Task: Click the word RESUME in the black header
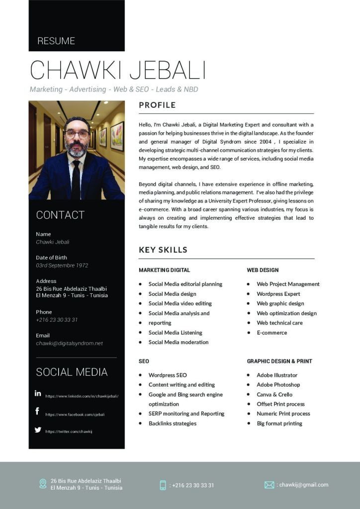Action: click(x=56, y=41)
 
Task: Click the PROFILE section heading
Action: click(x=157, y=105)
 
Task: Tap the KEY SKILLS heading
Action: click(x=163, y=250)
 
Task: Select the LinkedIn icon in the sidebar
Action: click(x=38, y=393)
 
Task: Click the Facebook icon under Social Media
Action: click(x=37, y=411)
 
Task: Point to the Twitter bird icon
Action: click(x=38, y=430)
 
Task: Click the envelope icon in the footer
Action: click(x=270, y=485)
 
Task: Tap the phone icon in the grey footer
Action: click(x=163, y=485)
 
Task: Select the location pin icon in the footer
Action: click(x=43, y=484)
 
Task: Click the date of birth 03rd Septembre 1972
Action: click(x=62, y=265)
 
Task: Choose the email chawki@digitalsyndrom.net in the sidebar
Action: click(x=69, y=343)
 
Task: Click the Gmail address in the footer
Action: click(x=303, y=485)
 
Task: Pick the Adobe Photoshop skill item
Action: click(x=278, y=385)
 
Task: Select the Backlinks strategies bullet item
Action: click(x=172, y=424)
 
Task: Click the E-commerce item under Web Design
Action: click(x=271, y=333)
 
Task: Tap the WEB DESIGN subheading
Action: click(x=263, y=270)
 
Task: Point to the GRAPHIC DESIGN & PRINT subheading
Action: click(x=279, y=361)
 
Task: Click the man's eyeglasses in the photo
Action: click(x=77, y=134)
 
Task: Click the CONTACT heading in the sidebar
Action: click(x=60, y=215)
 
